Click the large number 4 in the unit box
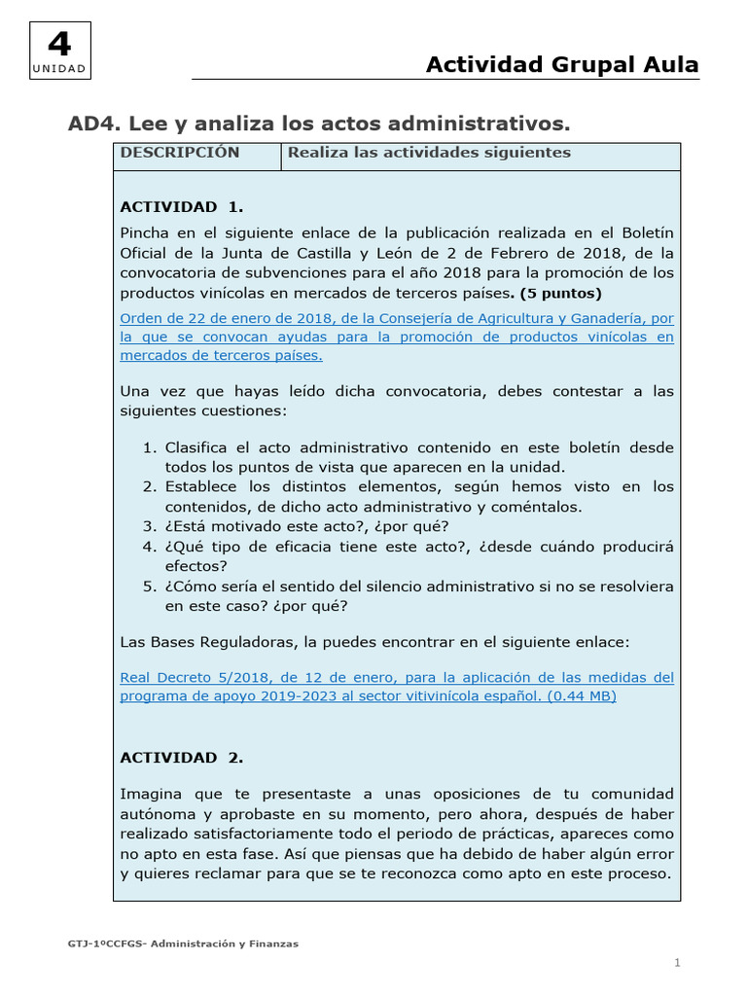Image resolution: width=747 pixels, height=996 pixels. (59, 45)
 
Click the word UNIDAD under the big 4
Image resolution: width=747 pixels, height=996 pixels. (59, 69)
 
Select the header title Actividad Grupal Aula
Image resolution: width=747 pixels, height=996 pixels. (562, 64)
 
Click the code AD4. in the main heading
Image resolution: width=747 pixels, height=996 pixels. (91, 124)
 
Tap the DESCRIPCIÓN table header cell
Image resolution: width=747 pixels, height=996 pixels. (179, 153)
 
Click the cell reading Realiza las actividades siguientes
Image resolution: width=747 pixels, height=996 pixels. (429, 153)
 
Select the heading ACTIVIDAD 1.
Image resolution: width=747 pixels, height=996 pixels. (181, 206)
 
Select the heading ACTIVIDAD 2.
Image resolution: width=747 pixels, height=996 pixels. (181, 757)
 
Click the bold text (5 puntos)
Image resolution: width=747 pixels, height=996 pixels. (561, 292)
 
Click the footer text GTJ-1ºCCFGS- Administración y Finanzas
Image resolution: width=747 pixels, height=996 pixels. (183, 943)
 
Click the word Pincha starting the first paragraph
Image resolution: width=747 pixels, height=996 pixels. (145, 233)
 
